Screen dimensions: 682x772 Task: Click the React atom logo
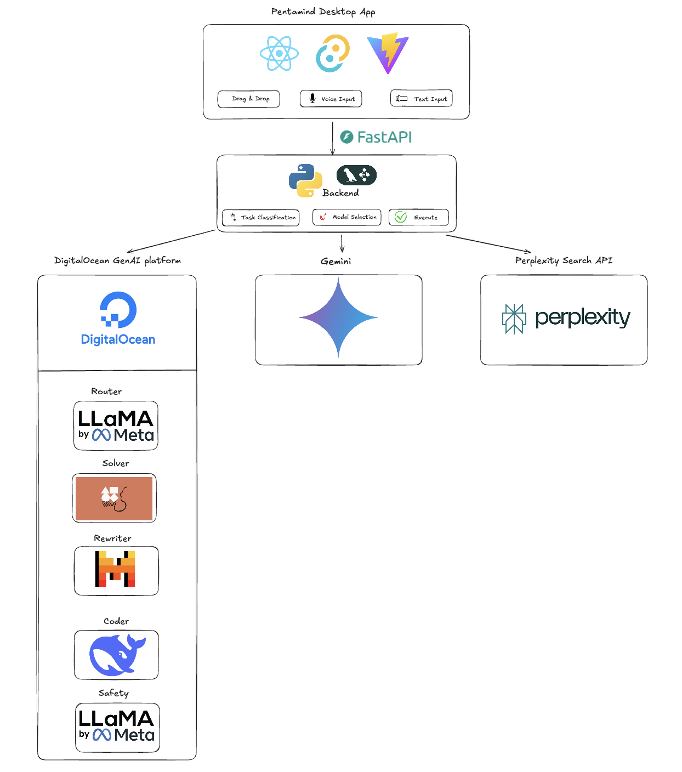pos(279,53)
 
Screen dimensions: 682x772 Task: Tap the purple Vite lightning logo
pos(388,53)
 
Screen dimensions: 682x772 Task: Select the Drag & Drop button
pos(249,99)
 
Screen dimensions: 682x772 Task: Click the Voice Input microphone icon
pos(312,98)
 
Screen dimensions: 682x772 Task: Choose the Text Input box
pos(422,98)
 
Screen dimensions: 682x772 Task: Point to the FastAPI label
pos(376,137)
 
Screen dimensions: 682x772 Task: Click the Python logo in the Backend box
pos(305,180)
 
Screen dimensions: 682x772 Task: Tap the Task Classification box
pos(260,218)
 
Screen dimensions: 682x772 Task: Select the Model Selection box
pos(346,217)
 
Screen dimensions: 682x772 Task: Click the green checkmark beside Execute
pos(401,217)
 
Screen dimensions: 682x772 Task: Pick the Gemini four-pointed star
pos(338,317)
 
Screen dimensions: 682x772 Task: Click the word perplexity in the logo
pos(583,317)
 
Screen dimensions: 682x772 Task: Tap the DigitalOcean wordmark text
pos(118,339)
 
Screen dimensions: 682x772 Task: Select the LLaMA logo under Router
pos(116,425)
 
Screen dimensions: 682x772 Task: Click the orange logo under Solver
pos(114,498)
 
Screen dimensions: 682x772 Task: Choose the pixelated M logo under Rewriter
pos(115,569)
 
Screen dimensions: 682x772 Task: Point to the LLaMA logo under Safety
pos(117,728)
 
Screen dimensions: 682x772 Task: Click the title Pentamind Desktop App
pos(323,12)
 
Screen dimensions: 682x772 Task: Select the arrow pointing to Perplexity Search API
pos(488,243)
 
